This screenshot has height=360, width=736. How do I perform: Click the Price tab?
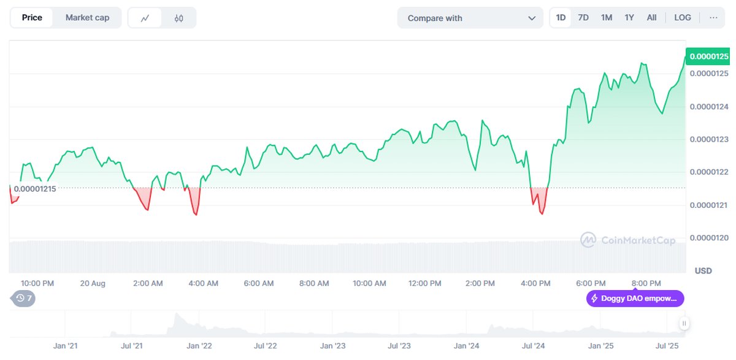(x=32, y=18)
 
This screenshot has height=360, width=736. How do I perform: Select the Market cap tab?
(x=87, y=18)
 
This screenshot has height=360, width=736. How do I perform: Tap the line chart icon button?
(x=145, y=18)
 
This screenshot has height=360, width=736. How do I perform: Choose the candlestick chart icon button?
(x=178, y=18)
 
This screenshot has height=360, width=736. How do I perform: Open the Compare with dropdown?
(x=470, y=18)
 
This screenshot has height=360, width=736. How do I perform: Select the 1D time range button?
(x=561, y=18)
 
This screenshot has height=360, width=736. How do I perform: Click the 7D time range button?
(x=583, y=18)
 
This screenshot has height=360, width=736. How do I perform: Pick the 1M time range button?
(x=607, y=18)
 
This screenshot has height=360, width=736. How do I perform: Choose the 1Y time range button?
(x=629, y=18)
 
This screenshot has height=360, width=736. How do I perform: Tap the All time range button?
(x=651, y=18)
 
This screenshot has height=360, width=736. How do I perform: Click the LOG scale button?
(x=683, y=18)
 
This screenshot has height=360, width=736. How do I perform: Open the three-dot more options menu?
(x=713, y=18)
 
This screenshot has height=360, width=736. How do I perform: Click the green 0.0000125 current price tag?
(x=709, y=56)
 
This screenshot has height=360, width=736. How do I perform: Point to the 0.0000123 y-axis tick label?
(x=709, y=139)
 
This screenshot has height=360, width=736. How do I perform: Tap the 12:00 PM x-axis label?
(x=425, y=283)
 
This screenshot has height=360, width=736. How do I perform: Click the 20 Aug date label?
(x=93, y=283)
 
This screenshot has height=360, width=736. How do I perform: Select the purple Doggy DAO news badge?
(x=635, y=299)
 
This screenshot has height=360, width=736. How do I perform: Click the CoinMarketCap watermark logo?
(x=628, y=240)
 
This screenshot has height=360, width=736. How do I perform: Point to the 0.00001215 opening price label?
(x=34, y=188)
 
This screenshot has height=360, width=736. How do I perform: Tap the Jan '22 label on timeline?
(x=199, y=346)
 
